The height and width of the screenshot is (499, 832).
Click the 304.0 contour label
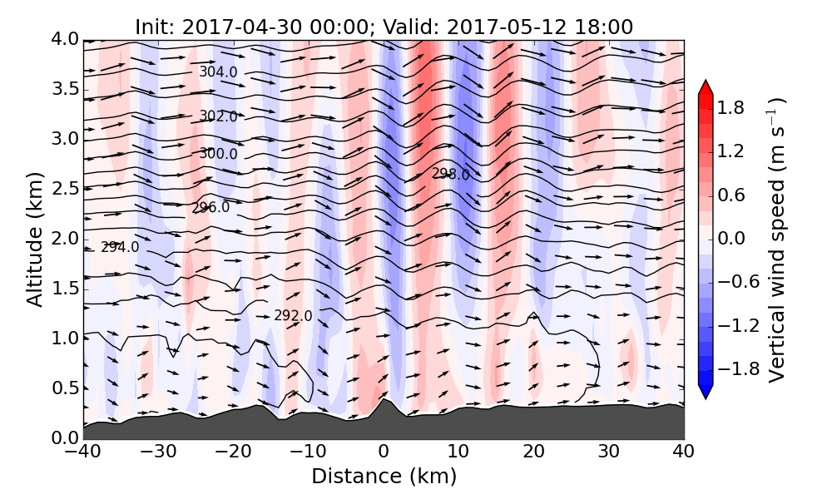(x=218, y=72)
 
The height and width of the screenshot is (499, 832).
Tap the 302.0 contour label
(x=218, y=116)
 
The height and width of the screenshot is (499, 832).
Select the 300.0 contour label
(x=218, y=154)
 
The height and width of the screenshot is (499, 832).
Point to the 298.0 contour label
(x=450, y=174)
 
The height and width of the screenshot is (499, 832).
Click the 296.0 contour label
(x=210, y=207)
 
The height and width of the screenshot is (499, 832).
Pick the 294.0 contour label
(x=120, y=247)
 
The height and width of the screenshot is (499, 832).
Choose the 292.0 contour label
(x=293, y=316)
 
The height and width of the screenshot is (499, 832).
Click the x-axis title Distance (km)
(x=384, y=477)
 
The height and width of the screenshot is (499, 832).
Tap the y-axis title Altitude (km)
(x=34, y=239)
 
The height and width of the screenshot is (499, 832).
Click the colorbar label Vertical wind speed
(x=775, y=240)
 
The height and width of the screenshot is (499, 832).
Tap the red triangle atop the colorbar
(x=706, y=86)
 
